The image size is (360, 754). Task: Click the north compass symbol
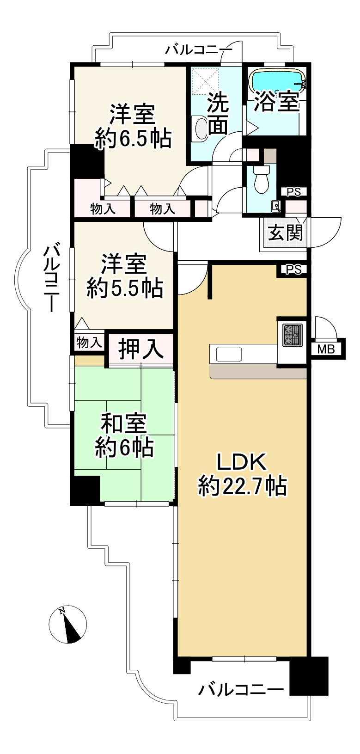[68, 624]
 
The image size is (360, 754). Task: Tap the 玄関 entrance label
[286, 233]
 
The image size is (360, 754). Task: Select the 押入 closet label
[140, 349]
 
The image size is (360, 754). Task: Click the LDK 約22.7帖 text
[243, 474]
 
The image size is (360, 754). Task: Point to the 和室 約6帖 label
[124, 436]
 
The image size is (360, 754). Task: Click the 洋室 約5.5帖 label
[124, 276]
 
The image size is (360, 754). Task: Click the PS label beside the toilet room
[293, 191]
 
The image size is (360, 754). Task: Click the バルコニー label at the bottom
[241, 690]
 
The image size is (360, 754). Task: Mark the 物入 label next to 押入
[89, 343]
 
